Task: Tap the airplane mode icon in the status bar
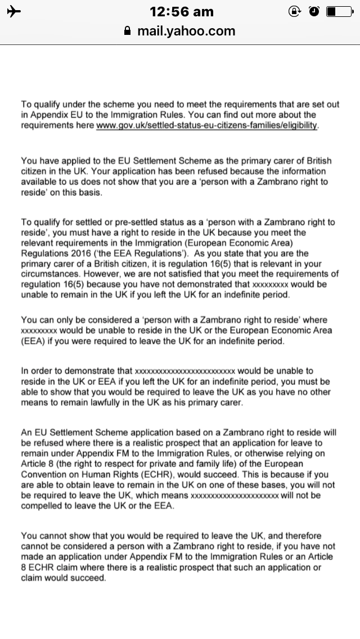point(12,11)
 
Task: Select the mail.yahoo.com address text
point(186,31)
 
